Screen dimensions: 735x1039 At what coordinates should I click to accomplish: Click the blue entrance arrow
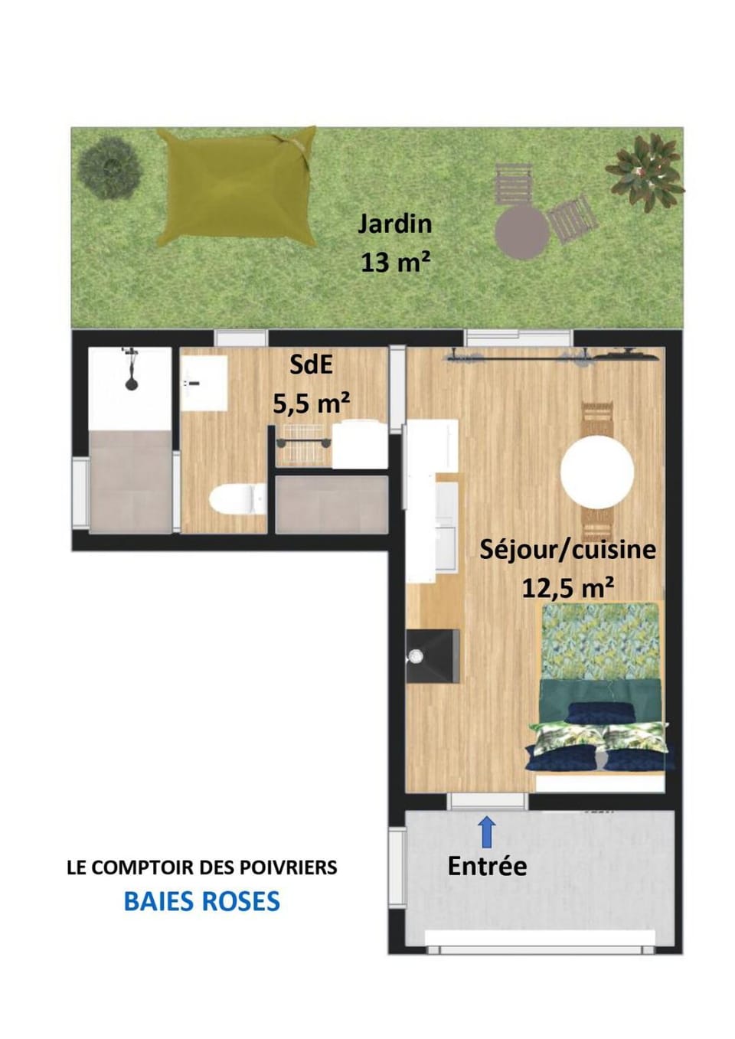487,832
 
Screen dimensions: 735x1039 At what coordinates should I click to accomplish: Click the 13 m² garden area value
394,263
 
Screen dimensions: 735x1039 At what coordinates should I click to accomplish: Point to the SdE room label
310,365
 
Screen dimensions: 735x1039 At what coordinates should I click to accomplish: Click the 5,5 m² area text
311,404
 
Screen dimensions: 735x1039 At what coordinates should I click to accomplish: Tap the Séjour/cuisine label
567,551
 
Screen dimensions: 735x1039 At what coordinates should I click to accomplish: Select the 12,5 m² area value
569,589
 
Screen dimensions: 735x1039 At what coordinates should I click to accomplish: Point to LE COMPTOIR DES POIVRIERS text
202,867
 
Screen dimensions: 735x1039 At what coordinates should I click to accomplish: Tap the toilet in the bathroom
237,499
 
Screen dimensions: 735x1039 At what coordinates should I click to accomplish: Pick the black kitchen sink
433,656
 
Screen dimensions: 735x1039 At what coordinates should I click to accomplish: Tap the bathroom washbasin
204,383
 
